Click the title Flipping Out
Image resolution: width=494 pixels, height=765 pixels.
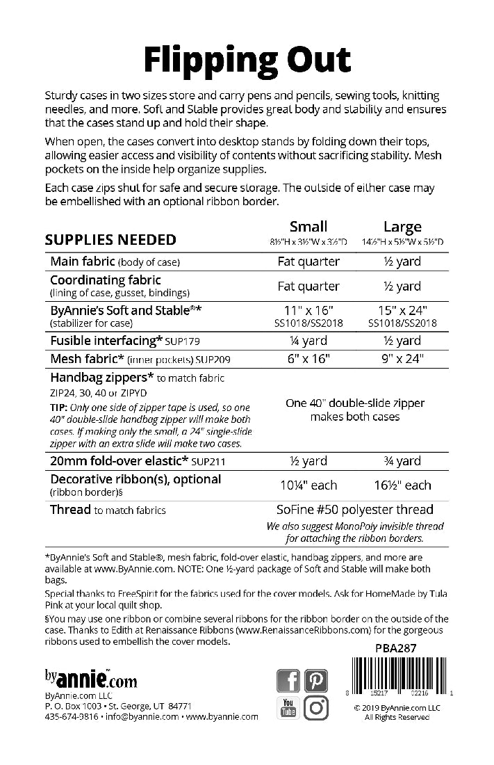tap(247, 61)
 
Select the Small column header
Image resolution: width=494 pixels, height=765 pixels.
tap(308, 227)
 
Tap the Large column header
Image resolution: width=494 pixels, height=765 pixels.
tap(402, 227)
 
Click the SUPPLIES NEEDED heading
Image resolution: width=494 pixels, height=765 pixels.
tap(110, 240)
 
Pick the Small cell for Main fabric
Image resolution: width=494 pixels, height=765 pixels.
tap(308, 262)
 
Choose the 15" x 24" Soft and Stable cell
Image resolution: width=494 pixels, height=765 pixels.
tap(402, 310)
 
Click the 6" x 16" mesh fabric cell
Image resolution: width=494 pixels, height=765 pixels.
tap(308, 359)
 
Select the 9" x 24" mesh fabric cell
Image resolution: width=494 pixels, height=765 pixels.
tap(402, 359)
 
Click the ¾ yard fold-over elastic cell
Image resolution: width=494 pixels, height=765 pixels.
tap(402, 460)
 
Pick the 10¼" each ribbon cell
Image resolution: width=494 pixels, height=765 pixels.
tap(308, 485)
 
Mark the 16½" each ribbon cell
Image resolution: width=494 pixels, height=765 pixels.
tap(402, 485)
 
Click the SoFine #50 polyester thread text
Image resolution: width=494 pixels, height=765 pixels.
tap(355, 510)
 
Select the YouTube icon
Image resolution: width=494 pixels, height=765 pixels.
tap(288, 708)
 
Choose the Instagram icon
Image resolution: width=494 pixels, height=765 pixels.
tap(316, 708)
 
